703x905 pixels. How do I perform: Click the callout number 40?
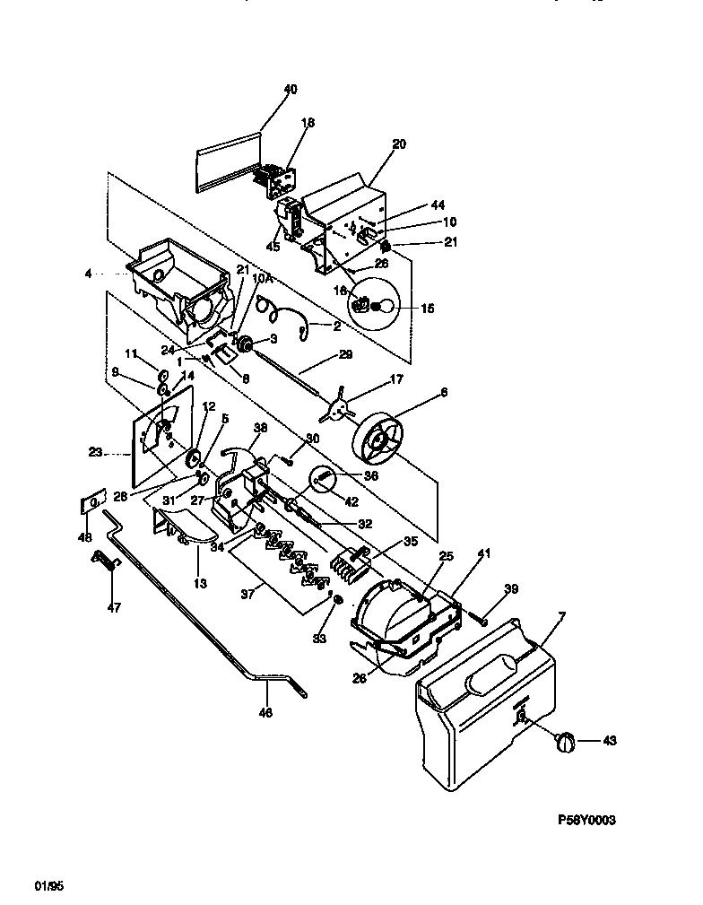[x=290, y=90]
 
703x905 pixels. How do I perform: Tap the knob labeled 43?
[x=564, y=740]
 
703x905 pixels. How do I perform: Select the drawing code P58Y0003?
[x=588, y=820]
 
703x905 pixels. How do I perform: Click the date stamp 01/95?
[x=49, y=886]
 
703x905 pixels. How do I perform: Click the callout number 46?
[x=266, y=713]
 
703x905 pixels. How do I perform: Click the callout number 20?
[x=399, y=144]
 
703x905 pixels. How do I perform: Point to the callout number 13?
[x=200, y=583]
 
